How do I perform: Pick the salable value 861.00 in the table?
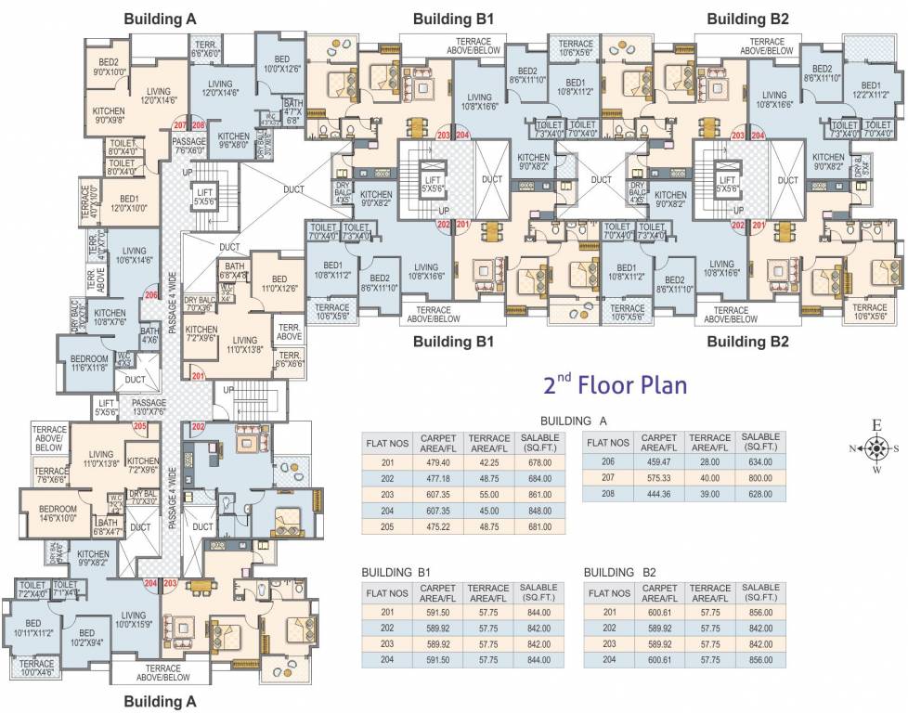538,493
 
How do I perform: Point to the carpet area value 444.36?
660,493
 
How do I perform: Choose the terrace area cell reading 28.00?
710,461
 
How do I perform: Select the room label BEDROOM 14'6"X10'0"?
58,513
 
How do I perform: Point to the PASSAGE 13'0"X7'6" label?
149,407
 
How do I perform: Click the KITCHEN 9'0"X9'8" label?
109,115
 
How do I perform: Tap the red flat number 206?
151,295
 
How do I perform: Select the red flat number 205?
140,426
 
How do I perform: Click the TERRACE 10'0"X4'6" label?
37,668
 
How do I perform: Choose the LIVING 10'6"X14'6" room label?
134,256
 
